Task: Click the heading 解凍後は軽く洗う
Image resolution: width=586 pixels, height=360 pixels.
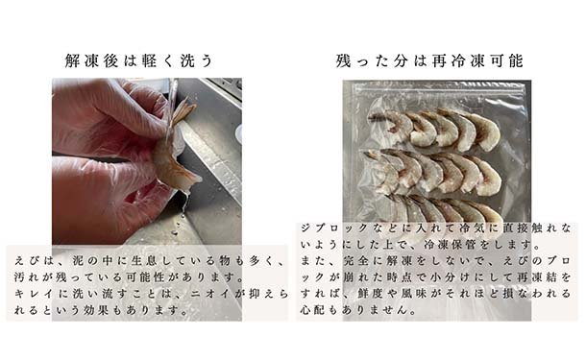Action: coord(138,60)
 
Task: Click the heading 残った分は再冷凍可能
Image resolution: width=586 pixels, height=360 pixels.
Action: coord(429,60)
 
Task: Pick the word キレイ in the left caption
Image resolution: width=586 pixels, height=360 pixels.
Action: coord(34,294)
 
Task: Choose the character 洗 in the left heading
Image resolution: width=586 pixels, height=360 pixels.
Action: coord(188,60)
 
